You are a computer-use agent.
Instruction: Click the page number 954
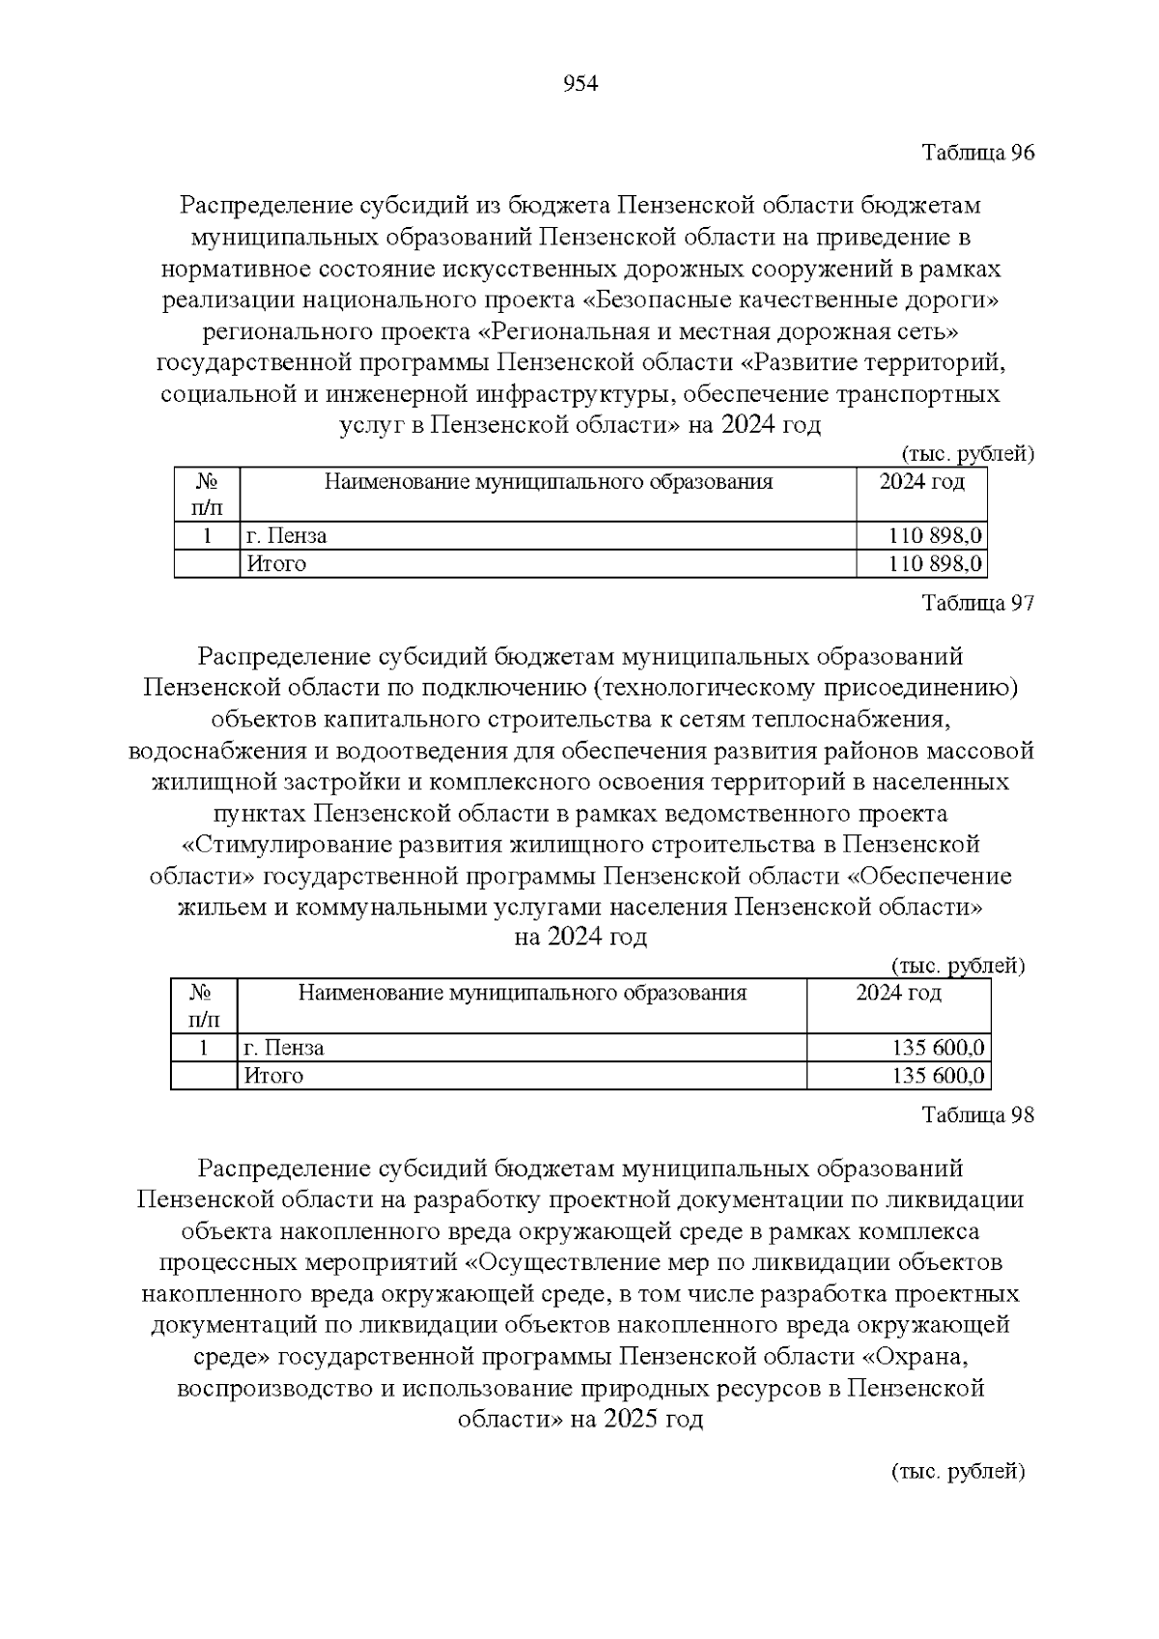[579, 84]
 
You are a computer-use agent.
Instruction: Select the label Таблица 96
[977, 154]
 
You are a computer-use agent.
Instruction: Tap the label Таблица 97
[977, 604]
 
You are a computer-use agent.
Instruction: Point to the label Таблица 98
[977, 1116]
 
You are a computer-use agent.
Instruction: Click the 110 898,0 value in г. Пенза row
[935, 536]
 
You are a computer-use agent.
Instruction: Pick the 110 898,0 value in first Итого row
[935, 564]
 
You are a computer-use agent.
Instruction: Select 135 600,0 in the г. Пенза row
[938, 1048]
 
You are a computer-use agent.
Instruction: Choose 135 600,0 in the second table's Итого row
[938, 1076]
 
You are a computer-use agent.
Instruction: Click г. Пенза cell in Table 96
[287, 536]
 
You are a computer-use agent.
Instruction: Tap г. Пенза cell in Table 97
[284, 1048]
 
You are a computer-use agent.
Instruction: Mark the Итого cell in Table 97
[273, 1076]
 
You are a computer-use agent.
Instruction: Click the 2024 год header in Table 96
[921, 482]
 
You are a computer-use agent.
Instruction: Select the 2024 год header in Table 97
[898, 993]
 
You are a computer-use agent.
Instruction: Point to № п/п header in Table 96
[207, 494]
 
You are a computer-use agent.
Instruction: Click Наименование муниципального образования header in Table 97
[522, 993]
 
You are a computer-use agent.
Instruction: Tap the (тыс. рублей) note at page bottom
[955, 1471]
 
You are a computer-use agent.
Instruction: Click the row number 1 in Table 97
[204, 1048]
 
